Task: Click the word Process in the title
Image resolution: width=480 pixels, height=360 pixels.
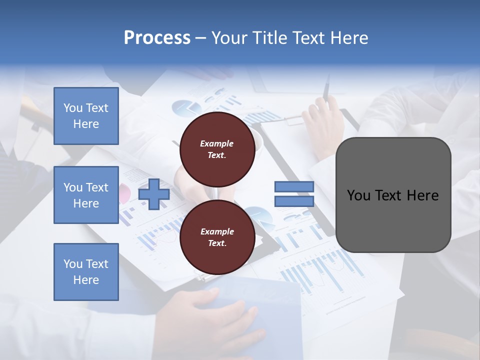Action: tap(157, 38)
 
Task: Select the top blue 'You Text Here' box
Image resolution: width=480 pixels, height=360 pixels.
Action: tap(86, 116)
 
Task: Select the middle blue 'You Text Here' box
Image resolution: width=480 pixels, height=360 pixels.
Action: tap(86, 195)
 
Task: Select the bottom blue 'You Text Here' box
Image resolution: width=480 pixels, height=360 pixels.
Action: tap(86, 272)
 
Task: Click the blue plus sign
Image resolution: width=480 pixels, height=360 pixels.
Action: tap(154, 194)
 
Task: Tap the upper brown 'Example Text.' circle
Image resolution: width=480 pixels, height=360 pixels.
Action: tap(216, 149)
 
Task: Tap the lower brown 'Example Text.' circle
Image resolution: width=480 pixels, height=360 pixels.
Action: tap(216, 237)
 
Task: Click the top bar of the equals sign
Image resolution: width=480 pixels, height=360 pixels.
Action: tap(294, 187)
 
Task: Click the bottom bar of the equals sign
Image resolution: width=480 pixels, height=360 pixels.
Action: tap(294, 201)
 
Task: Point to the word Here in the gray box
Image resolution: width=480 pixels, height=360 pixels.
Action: tap(422, 195)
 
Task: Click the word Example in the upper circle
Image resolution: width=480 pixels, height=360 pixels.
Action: tap(216, 143)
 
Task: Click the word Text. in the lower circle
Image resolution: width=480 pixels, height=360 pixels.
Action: tap(216, 243)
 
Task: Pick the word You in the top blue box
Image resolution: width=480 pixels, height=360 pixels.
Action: tap(73, 108)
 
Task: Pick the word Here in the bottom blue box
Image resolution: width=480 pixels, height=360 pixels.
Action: tap(86, 280)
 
